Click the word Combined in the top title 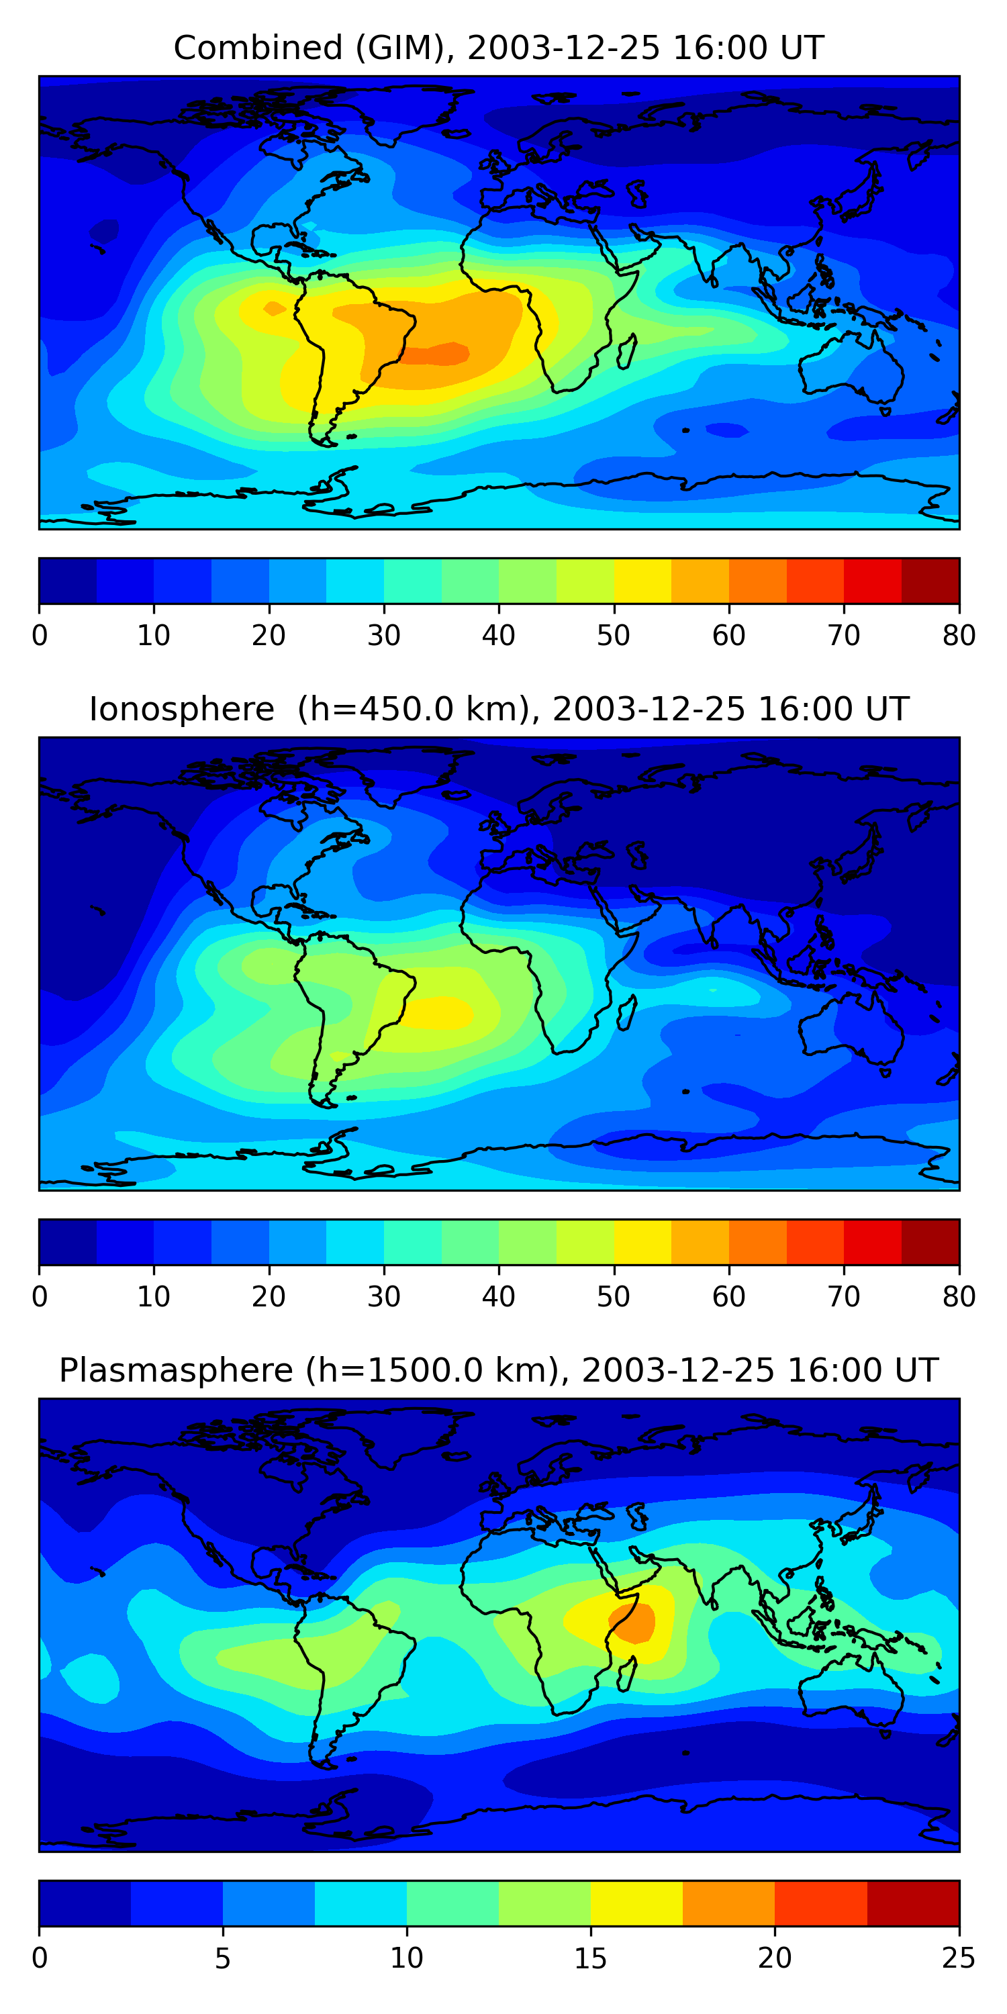[x=257, y=48]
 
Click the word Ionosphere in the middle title [x=181, y=709]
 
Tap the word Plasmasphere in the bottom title [x=175, y=1371]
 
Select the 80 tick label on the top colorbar [x=959, y=636]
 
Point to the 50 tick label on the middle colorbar [x=614, y=1297]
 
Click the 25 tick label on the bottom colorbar [x=959, y=1958]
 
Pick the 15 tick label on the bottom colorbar [x=591, y=1958]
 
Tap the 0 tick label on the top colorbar [x=40, y=636]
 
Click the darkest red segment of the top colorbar [x=930, y=581]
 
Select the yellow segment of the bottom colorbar [x=636, y=1904]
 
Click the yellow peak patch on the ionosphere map [x=442, y=1012]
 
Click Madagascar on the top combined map [x=627, y=352]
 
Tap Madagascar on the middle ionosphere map [x=627, y=1012]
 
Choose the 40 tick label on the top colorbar [x=499, y=636]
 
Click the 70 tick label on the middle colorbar [x=844, y=1297]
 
